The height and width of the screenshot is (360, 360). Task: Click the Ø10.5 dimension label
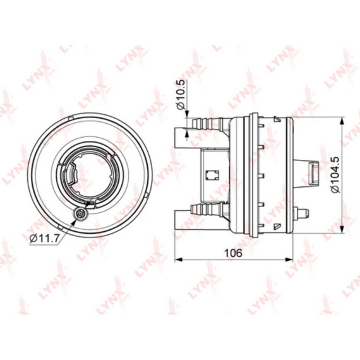[181, 94]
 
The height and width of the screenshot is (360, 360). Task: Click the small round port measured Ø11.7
[81, 215]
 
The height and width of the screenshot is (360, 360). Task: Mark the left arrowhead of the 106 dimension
[178, 260]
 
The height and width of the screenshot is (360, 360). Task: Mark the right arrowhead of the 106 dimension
[289, 260]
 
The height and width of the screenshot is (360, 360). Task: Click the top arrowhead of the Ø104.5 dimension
[342, 121]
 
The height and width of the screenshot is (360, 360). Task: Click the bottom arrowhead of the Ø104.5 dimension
[342, 229]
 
